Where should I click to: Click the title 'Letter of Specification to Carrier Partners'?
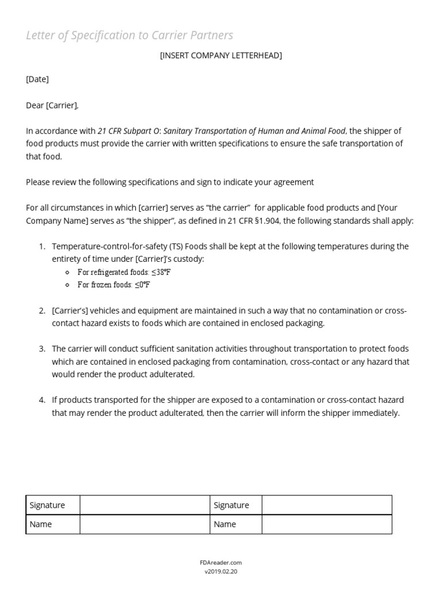click(129, 36)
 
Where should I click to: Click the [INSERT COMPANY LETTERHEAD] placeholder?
click(221, 56)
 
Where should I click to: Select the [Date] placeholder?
click(37, 79)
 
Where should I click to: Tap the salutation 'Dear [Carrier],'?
click(52, 105)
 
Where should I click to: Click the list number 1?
click(42, 247)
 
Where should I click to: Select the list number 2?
click(42, 311)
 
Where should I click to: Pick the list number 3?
click(42, 349)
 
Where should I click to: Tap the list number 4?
click(42, 400)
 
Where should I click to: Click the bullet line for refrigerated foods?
click(124, 272)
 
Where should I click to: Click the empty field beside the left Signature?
click(144, 506)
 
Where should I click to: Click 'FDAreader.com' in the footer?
click(221, 563)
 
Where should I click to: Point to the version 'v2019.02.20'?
click(221, 572)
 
